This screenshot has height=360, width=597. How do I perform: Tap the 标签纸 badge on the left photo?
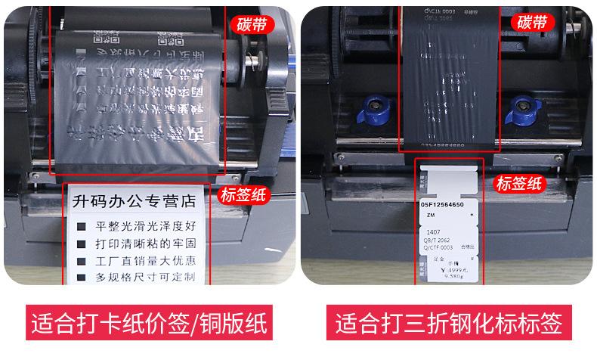pyautogui.click(x=244, y=195)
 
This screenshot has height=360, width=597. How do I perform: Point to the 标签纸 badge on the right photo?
pyautogui.click(x=519, y=183)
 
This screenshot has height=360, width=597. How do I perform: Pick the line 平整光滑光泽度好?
pyautogui.click(x=146, y=225)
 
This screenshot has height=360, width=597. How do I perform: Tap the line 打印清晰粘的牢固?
pyautogui.click(x=146, y=244)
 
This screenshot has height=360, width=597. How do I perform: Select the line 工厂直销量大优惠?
pyautogui.click(x=146, y=261)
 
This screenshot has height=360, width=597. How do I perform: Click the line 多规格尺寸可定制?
pyautogui.click(x=146, y=278)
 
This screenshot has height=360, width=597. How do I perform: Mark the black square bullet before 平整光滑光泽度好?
pyautogui.click(x=80, y=226)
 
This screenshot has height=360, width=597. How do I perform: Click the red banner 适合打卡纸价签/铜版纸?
pyautogui.click(x=149, y=323)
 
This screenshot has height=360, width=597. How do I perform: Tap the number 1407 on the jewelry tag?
pyautogui.click(x=435, y=232)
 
